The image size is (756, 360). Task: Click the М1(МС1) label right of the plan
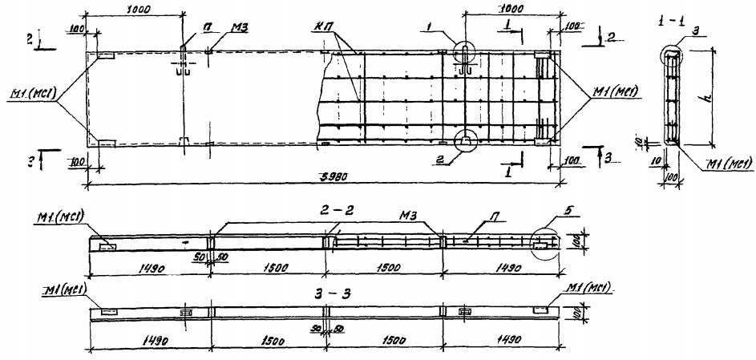tap(611, 89)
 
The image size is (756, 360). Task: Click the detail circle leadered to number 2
tap(465, 140)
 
